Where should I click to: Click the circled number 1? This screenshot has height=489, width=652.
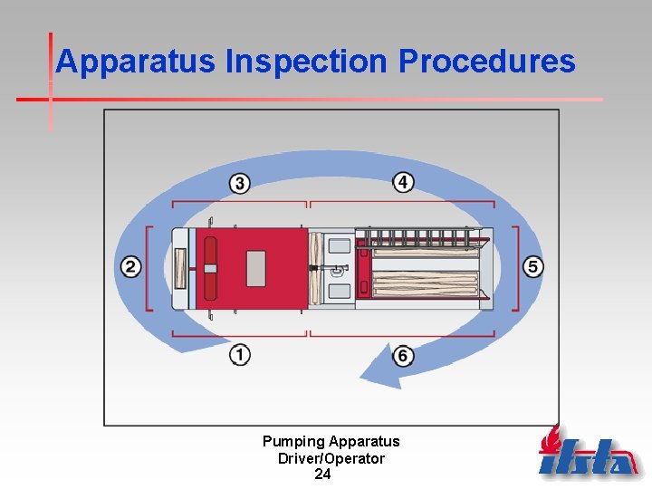240,354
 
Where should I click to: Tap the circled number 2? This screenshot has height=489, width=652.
131,267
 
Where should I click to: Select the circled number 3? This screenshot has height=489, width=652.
239,183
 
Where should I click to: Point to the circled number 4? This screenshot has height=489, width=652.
403,182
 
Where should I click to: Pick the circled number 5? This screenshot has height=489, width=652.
533,266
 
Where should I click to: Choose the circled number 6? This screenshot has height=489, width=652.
403,355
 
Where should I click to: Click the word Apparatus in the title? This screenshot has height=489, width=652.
136,62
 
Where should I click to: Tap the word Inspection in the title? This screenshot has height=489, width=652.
307,62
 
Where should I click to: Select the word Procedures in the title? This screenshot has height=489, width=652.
486,62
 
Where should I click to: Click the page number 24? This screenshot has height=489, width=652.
322,474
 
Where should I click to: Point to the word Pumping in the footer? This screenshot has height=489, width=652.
293,442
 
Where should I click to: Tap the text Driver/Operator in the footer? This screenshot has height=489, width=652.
331,458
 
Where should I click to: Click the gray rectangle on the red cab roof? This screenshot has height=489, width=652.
256,267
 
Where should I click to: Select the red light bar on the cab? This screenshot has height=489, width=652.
210,268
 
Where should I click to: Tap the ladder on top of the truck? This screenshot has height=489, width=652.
421,239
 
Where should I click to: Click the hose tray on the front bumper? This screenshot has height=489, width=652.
179,268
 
